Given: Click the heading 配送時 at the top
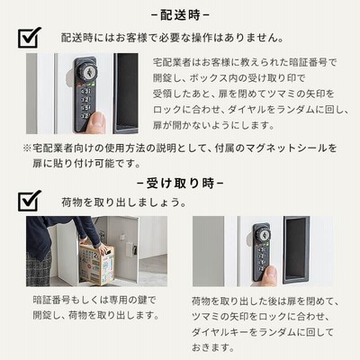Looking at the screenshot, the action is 180,15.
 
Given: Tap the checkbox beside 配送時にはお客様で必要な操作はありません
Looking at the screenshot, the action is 29,38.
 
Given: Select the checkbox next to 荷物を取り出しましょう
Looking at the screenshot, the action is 29,201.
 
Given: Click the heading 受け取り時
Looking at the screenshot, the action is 180,183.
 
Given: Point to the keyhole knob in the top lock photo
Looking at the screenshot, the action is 87,71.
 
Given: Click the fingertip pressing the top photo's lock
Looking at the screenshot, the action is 98,122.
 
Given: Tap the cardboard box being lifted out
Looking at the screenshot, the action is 97,264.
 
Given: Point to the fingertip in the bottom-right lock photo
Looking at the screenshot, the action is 269,275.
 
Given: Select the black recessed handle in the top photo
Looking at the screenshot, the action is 126,94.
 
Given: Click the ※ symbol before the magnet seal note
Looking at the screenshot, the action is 27,148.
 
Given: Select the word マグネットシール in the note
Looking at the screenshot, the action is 283,148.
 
